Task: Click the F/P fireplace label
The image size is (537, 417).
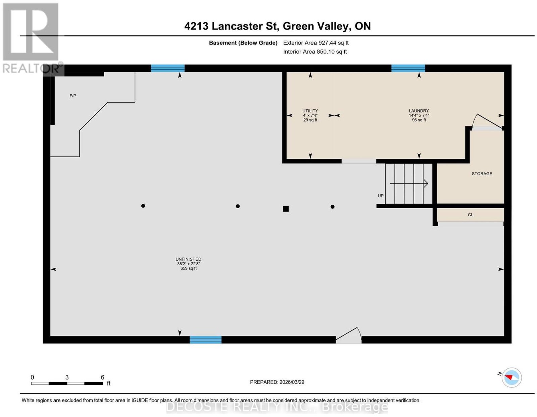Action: click(x=72, y=96)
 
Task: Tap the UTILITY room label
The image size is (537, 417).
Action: click(x=310, y=111)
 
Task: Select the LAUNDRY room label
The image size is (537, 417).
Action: click(x=419, y=111)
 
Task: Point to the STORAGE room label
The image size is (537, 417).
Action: click(x=482, y=174)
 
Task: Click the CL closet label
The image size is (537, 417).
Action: click(x=470, y=215)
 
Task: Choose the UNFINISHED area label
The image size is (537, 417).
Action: click(x=188, y=259)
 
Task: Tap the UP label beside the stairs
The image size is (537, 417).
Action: click(x=380, y=196)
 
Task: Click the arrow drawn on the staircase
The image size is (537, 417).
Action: click(x=409, y=184)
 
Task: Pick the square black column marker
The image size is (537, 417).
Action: click(x=286, y=209)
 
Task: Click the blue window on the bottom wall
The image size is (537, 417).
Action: click(x=205, y=340)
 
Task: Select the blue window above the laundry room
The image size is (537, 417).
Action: click(x=408, y=68)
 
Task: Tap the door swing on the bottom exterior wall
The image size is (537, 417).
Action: click(x=349, y=335)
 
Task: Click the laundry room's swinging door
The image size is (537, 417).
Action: click(x=487, y=122)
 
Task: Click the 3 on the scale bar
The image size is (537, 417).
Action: click(x=67, y=377)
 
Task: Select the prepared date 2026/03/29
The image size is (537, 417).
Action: click(x=292, y=382)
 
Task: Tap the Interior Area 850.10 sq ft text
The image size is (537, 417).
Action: click(x=315, y=52)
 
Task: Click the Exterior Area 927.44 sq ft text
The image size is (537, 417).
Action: click(x=315, y=43)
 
